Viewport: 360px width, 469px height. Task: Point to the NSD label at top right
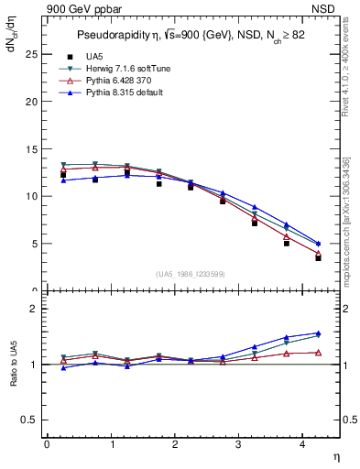point(327,8)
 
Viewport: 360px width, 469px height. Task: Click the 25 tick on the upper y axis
point(31,54)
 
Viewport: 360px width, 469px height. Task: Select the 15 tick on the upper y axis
point(31,148)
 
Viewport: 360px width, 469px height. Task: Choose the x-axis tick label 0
point(47,444)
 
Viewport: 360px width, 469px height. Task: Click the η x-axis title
point(334,455)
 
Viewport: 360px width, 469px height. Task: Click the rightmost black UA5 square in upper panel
point(318,258)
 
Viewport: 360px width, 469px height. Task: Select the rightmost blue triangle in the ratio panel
point(318,333)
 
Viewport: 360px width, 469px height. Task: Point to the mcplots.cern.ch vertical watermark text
point(347,221)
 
